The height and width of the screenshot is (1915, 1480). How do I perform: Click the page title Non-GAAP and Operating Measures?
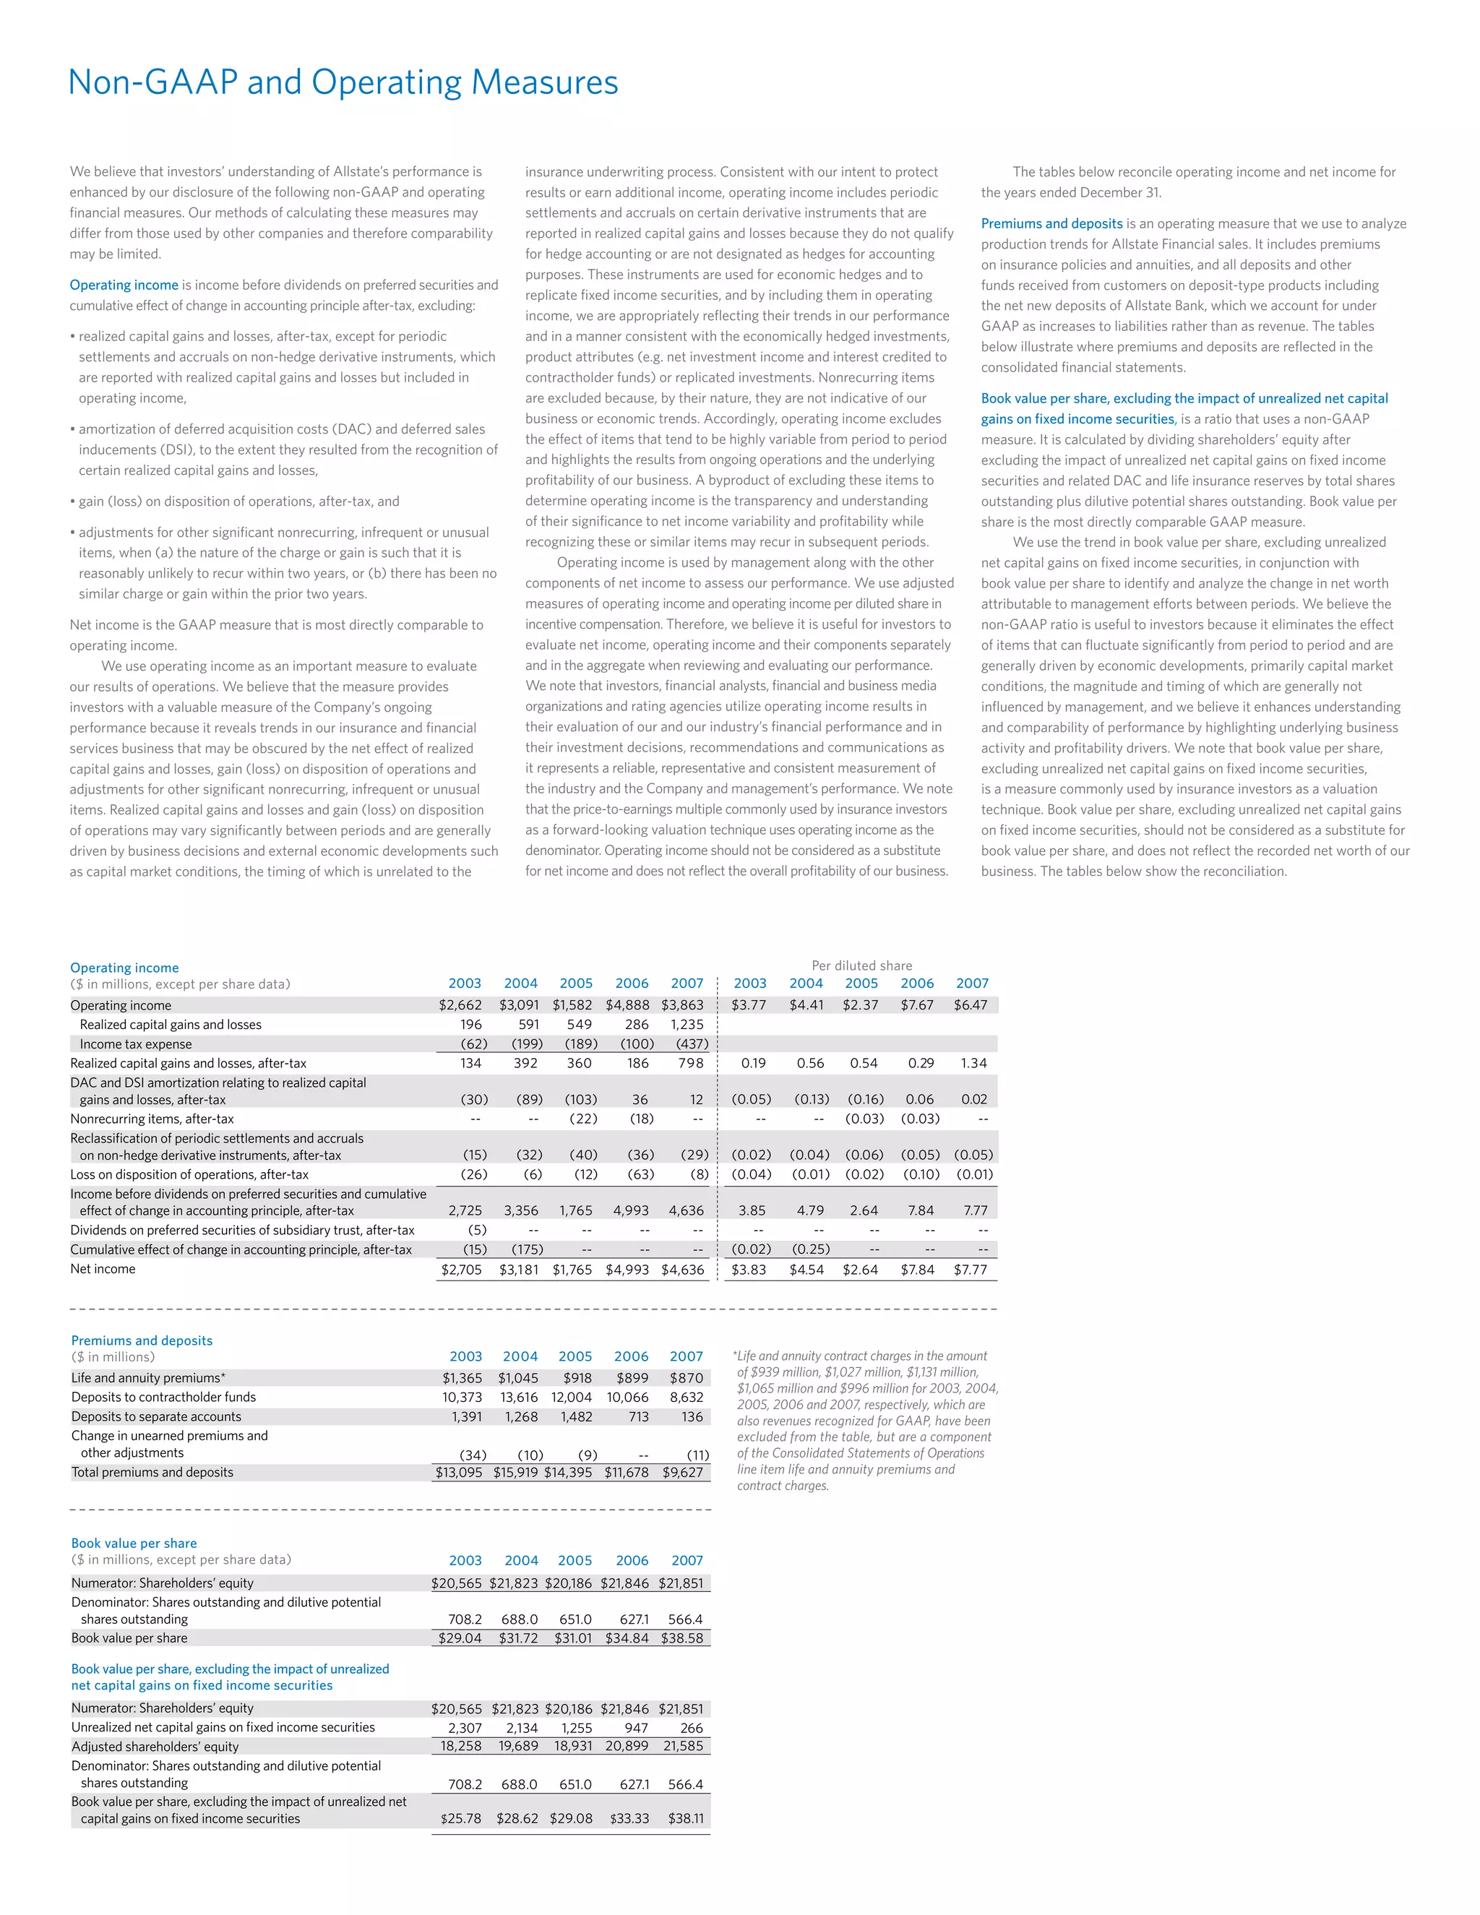pos(343,82)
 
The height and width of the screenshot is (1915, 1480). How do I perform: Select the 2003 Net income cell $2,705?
pos(461,1270)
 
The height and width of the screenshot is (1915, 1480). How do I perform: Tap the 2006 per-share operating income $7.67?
pos(916,1005)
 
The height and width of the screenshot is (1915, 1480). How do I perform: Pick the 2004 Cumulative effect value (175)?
pos(527,1249)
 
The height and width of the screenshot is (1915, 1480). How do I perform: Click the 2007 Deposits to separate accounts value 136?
pos(692,1416)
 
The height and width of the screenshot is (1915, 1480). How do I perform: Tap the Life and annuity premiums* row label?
pos(148,1377)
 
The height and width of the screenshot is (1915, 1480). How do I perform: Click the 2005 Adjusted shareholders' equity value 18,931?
pos(572,1746)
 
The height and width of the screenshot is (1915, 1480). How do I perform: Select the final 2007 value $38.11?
pos(686,1819)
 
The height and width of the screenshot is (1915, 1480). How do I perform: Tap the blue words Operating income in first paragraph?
pos(124,285)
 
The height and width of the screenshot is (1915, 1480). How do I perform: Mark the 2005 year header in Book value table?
pos(575,1560)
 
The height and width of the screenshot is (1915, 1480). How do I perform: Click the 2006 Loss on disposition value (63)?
pos(640,1174)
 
